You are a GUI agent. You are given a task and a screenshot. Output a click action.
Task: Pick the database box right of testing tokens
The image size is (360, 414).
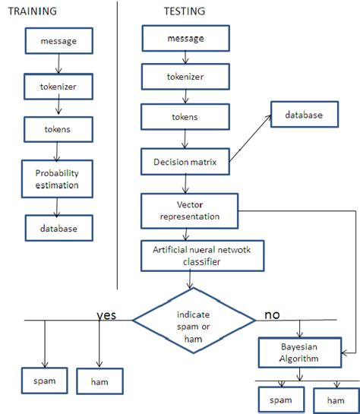[304, 115]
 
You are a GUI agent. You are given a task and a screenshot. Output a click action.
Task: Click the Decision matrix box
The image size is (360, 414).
[185, 162]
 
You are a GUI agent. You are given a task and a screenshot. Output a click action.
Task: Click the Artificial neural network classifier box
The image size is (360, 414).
[202, 257]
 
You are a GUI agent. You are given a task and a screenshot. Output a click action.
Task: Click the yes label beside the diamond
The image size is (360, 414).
[106, 314]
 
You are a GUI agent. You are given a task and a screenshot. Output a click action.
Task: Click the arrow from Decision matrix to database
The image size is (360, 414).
[251, 137]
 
